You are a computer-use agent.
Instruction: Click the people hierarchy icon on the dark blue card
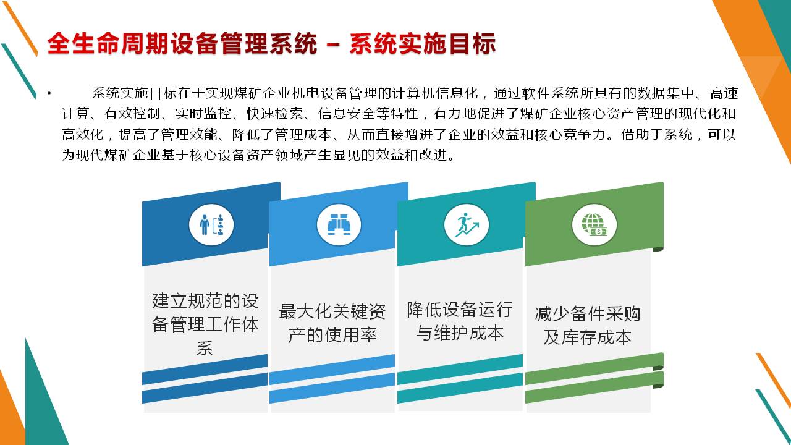click(x=211, y=224)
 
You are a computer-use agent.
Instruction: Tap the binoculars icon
click(x=339, y=224)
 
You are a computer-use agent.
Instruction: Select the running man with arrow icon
click(x=467, y=224)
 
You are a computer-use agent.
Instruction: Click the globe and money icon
click(x=594, y=224)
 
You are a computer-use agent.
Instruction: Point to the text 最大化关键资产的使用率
click(x=332, y=323)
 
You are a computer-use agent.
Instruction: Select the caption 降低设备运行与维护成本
click(x=460, y=321)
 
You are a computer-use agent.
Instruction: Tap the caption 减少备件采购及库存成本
click(x=588, y=325)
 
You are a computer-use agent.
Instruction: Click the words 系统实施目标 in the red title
click(x=423, y=44)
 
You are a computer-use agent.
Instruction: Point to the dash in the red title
click(x=333, y=45)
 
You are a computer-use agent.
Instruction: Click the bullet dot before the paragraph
click(x=49, y=93)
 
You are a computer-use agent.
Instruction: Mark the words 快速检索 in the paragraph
click(x=275, y=114)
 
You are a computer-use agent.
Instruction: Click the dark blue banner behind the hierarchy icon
click(x=211, y=224)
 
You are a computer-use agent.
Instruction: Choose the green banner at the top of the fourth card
click(x=594, y=224)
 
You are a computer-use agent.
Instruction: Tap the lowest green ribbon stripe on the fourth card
click(x=594, y=388)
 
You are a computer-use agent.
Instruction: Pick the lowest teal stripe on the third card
click(x=460, y=389)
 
